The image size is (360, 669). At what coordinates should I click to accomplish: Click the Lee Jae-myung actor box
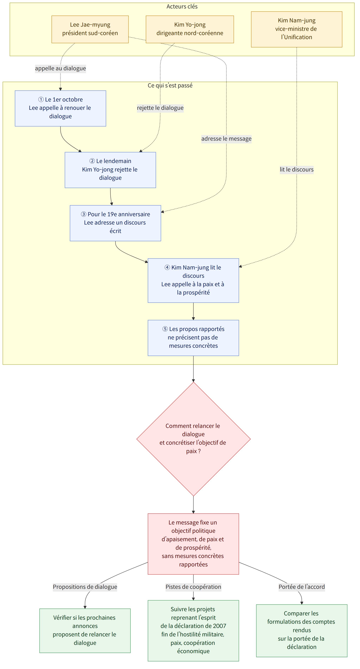click(x=90, y=29)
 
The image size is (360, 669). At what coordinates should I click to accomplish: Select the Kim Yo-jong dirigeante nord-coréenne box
click(x=190, y=29)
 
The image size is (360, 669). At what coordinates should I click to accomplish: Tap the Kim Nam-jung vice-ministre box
click(x=296, y=29)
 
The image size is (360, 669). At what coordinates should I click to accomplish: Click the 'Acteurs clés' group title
click(x=182, y=7)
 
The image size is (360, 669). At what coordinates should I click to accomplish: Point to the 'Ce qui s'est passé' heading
click(x=170, y=85)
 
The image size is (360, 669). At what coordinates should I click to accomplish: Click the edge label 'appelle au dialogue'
click(x=60, y=68)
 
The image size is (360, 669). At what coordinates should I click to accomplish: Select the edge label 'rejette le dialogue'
click(x=160, y=108)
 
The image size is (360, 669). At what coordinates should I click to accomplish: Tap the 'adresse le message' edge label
click(x=226, y=139)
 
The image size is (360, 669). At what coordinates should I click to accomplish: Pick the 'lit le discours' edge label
click(x=296, y=170)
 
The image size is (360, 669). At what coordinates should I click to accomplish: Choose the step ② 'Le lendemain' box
click(x=110, y=170)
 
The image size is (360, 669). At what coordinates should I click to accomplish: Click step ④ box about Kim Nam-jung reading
click(x=193, y=280)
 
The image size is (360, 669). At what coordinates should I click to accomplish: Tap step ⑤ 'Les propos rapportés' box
click(x=193, y=338)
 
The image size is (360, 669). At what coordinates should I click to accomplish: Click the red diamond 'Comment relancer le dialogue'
click(x=193, y=439)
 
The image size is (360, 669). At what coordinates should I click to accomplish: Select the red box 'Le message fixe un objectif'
click(x=193, y=544)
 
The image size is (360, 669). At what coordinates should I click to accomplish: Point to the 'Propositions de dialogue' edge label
click(x=85, y=587)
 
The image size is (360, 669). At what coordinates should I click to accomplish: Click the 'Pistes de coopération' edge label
click(x=193, y=587)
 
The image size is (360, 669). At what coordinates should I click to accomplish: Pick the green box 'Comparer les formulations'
click(x=302, y=631)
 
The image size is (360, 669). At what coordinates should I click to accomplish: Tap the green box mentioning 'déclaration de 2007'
click(x=193, y=631)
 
